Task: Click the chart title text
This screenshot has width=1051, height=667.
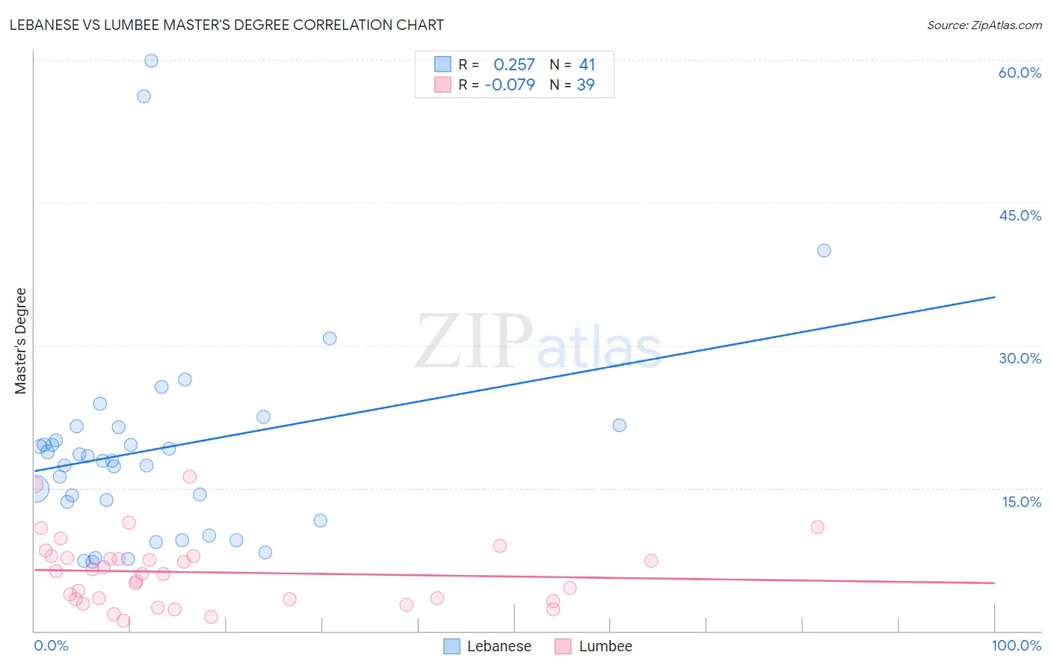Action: (x=226, y=25)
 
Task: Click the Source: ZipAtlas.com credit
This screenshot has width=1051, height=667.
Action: (x=984, y=25)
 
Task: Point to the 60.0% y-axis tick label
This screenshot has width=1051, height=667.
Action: (x=1020, y=73)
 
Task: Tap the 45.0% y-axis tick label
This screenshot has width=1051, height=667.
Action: (x=1020, y=215)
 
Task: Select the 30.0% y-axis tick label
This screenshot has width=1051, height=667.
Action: (x=1020, y=358)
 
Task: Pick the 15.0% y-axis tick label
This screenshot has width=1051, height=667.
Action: (x=1021, y=502)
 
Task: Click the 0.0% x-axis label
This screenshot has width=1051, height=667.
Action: (x=51, y=645)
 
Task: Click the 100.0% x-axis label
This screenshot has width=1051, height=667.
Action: (x=1016, y=645)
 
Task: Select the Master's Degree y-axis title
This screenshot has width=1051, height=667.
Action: (x=21, y=341)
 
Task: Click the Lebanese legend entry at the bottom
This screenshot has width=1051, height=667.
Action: (x=487, y=646)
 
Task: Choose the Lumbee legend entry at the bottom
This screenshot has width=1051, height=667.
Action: (x=594, y=646)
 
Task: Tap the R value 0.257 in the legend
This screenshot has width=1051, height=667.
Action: (x=514, y=65)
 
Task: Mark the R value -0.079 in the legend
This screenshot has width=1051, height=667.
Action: (x=510, y=85)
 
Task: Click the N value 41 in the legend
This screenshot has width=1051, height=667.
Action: (x=587, y=65)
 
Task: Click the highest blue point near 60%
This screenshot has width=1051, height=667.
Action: (x=151, y=61)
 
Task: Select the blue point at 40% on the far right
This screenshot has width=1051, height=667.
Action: (x=824, y=250)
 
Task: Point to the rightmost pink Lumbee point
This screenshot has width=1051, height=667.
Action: (x=817, y=527)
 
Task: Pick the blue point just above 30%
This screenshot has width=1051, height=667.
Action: (x=330, y=338)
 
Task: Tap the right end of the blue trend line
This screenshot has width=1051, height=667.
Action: (x=994, y=297)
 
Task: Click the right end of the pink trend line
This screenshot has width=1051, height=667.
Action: (x=994, y=583)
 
